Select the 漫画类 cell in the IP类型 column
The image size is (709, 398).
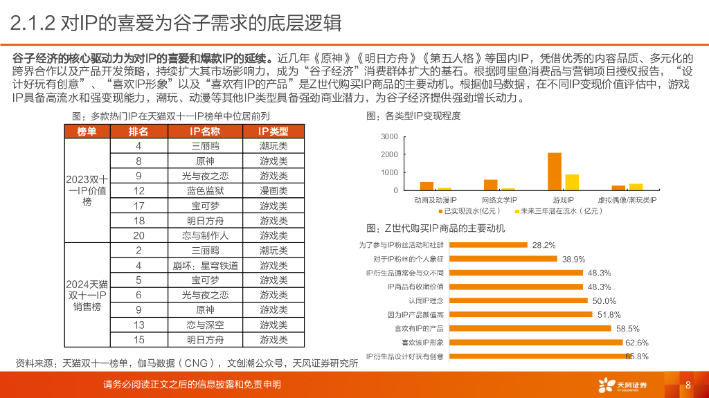pos(273,190)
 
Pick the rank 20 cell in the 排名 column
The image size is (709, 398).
pos(138,235)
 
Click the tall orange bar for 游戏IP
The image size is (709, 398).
pos(555,171)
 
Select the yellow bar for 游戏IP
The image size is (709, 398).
pos(572,182)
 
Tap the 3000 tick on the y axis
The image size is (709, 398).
pos(390,137)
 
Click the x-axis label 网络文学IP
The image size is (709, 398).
pos(499,199)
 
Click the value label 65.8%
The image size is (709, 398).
pos(637,356)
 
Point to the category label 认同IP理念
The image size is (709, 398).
pos(424,301)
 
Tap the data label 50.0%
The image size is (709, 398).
pos(604,301)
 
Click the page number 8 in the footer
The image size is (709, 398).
pos(688,386)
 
